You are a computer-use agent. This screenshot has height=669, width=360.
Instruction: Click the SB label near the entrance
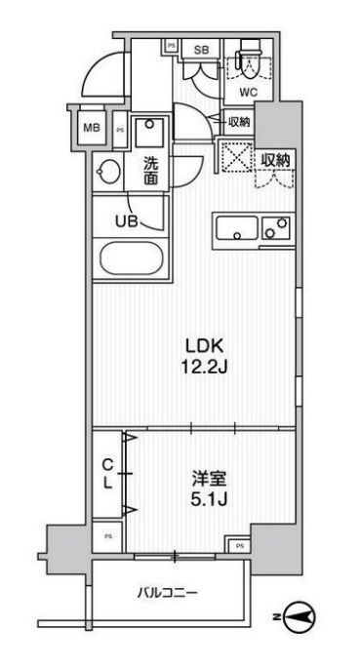click(202, 50)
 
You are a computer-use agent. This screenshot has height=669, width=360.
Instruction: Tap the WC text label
click(249, 94)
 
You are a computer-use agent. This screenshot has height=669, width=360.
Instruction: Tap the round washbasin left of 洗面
click(109, 174)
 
